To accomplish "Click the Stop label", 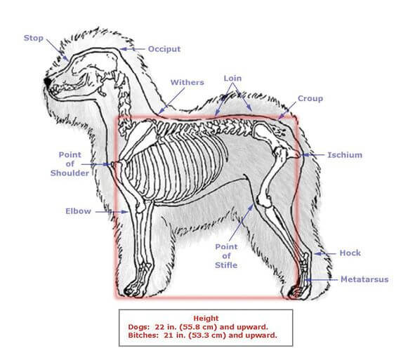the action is pos(33,38).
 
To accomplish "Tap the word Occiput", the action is pos(164,49).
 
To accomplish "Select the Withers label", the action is pos(187,83).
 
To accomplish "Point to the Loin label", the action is pos(232,79).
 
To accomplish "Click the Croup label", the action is pos(310,98).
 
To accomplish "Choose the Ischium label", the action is pos(345,155).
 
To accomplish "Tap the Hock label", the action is pos(350,253).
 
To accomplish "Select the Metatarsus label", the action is pos(364,279).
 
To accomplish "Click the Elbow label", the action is pos(78,211).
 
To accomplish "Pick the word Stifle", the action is pos(226,265).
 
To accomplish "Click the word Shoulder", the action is pos(70,173).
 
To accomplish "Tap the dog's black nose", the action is pos(48,81).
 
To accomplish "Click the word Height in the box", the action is pos(206,318).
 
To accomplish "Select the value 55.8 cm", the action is pos(199,327).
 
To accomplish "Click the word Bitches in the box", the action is pos(143,335).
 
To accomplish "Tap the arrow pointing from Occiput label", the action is pos(132,49).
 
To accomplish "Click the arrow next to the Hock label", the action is pos(325,253).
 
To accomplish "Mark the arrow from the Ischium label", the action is pos(312,155).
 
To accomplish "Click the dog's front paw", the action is pos(133,291).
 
